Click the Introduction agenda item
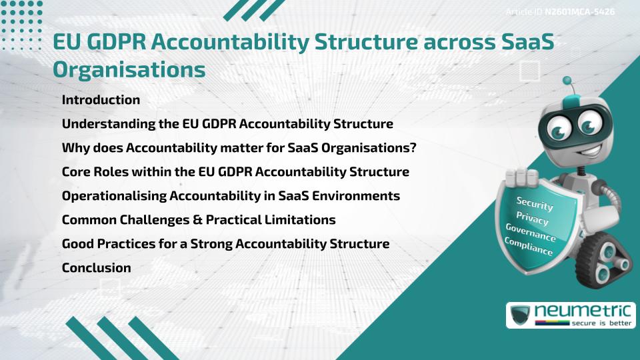(x=101, y=100)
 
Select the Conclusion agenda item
(x=96, y=268)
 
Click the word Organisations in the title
(x=129, y=69)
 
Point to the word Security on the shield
(x=535, y=203)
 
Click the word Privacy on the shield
(x=532, y=218)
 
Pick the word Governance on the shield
(x=531, y=233)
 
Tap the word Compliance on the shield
(x=529, y=247)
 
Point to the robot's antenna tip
(x=569, y=83)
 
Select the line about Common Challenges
(x=198, y=220)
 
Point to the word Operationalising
(x=114, y=196)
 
